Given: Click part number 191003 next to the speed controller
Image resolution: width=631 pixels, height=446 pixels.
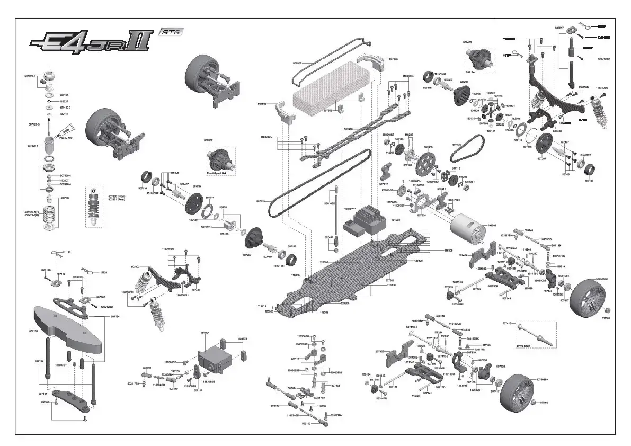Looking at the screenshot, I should pos(396,219).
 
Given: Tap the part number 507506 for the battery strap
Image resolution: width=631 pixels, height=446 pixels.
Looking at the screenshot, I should pos(297,63).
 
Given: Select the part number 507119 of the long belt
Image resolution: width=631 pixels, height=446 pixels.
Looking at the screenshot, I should pos(260,201).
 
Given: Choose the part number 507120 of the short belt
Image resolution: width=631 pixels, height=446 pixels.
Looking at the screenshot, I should pos(457,144).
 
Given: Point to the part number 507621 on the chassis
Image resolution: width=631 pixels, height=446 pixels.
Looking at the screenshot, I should pos(390,280).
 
